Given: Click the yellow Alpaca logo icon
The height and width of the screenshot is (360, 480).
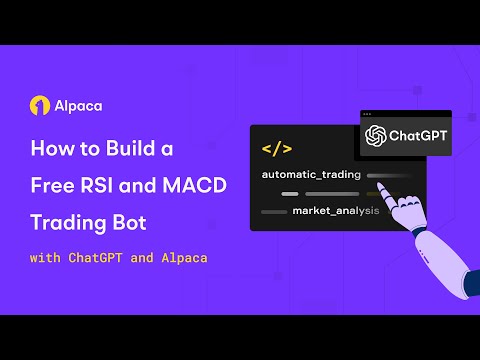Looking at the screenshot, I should pyautogui.click(x=39, y=104).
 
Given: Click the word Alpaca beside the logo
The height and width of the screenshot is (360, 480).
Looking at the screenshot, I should pyautogui.click(x=72, y=104).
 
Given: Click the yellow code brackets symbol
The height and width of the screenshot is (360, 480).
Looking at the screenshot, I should pyautogui.click(x=276, y=149).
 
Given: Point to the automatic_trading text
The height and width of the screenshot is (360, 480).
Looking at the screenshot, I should pyautogui.click(x=311, y=175).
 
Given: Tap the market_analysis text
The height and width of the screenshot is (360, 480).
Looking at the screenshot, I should pyautogui.click(x=334, y=211).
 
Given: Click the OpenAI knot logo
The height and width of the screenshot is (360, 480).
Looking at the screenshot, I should pyautogui.click(x=377, y=135).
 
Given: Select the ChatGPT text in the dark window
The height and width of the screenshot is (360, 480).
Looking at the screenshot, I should pyautogui.click(x=418, y=135).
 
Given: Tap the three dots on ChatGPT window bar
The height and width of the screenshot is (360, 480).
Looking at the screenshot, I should pyautogui.click(x=367, y=113).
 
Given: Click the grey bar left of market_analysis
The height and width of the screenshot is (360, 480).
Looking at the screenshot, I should pyautogui.click(x=273, y=212).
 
